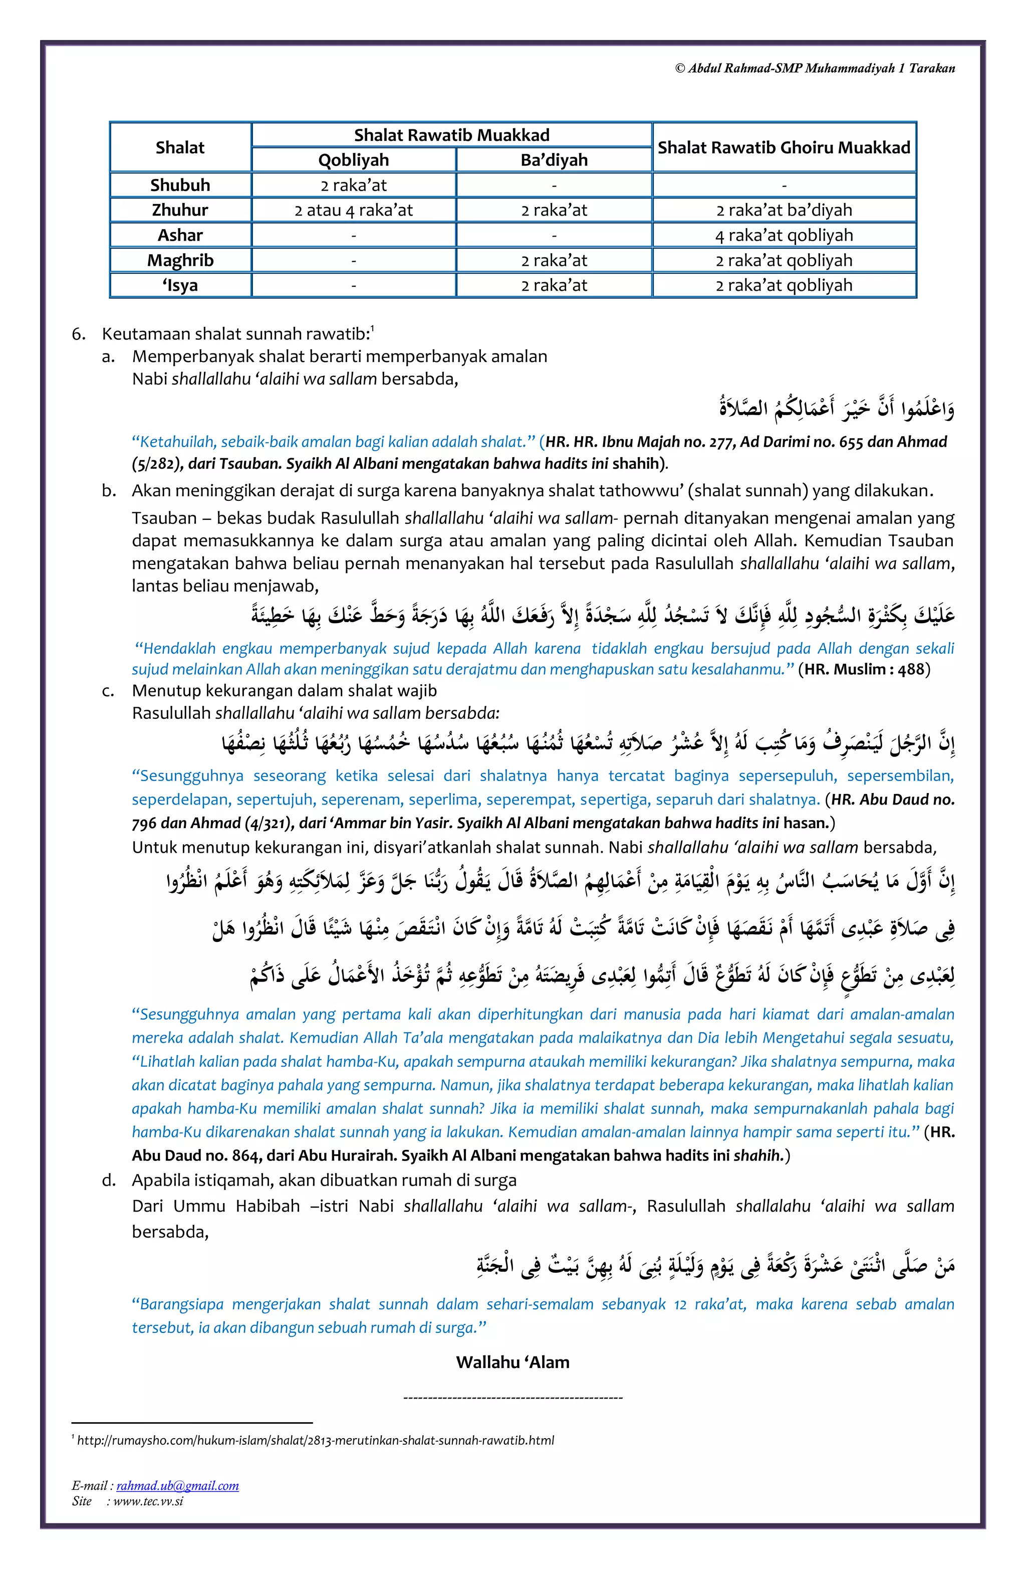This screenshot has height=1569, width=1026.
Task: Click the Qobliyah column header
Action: tap(353, 160)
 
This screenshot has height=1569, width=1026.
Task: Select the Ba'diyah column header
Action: tap(554, 160)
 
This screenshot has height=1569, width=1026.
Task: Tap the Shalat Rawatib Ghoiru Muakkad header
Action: tap(784, 148)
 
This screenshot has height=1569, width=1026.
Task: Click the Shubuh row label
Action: tap(180, 185)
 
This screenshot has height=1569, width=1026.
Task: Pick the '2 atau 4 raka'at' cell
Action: tap(353, 211)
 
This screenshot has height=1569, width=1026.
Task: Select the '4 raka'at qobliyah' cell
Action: tap(784, 236)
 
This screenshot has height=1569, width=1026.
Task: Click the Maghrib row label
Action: tap(180, 260)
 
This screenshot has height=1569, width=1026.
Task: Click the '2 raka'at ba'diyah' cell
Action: tap(784, 211)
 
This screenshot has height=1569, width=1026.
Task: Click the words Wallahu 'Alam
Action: tap(512, 1362)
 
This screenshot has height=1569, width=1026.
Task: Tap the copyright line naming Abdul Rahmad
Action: tap(815, 69)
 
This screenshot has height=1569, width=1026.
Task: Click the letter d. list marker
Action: tap(109, 1180)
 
